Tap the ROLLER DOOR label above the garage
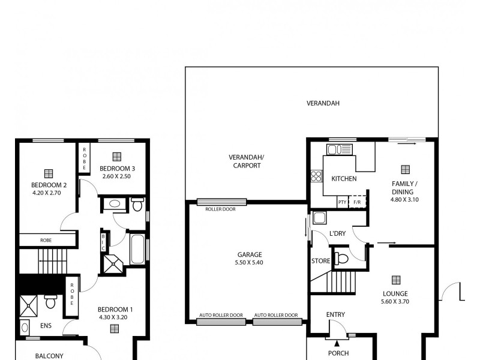point(220,209)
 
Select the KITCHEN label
point(344,179)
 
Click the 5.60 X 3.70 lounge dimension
point(395,302)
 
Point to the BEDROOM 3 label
point(116,168)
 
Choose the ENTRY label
point(335,314)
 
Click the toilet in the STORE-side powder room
point(341,259)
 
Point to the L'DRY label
point(337,233)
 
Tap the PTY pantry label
point(342,202)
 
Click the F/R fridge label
point(357,202)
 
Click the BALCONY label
point(49,356)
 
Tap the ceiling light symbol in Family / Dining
point(405,169)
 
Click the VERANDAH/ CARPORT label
point(245,161)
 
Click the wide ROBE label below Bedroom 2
point(46,240)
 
